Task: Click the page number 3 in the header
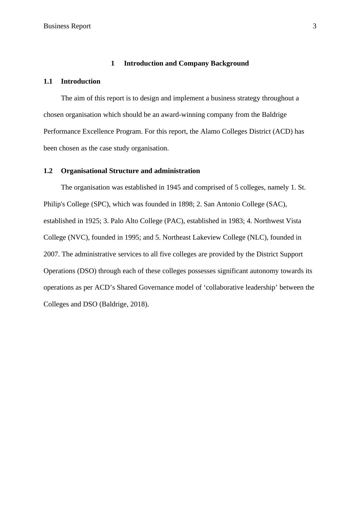pyautogui.click(x=314, y=26)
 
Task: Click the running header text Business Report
pyautogui.click(x=67, y=26)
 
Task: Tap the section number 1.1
pyautogui.click(x=48, y=81)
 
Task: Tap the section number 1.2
pyautogui.click(x=48, y=171)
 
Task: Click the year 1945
pyautogui.click(x=173, y=187)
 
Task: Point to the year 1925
pyautogui.click(x=92, y=221)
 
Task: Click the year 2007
pyautogui.click(x=51, y=254)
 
